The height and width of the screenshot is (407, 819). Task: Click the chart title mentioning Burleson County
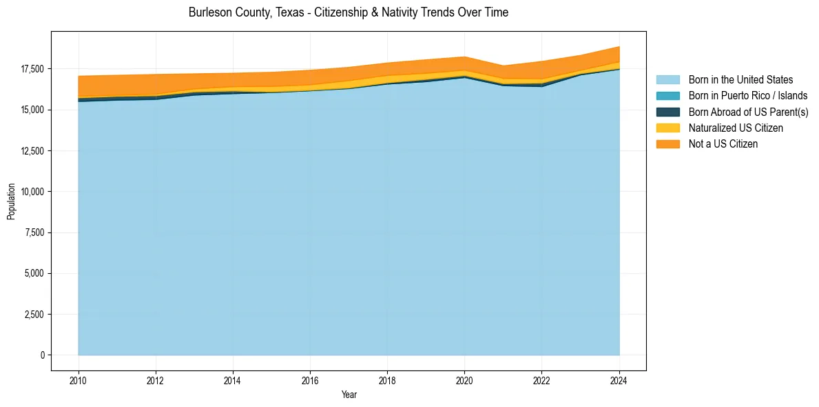(348, 12)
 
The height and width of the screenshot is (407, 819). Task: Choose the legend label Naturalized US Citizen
(736, 128)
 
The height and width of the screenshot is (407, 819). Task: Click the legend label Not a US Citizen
(723, 144)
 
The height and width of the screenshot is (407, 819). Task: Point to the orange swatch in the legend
(667, 144)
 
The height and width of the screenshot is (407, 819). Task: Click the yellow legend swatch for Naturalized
(667, 128)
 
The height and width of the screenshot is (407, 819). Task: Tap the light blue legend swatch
(667, 80)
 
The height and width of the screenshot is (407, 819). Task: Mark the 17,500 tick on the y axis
(32, 69)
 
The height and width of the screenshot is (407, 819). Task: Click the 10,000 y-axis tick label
(32, 192)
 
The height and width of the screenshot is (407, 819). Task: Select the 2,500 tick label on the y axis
(34, 315)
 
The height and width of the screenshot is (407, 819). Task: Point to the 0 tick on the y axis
(42, 355)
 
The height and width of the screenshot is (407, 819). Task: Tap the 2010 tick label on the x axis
(79, 379)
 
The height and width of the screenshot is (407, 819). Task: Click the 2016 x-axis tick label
(311, 379)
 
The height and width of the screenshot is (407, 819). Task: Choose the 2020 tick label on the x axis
(465, 379)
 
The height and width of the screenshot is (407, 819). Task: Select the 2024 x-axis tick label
(619, 379)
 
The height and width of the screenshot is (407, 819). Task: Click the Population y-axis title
(11, 201)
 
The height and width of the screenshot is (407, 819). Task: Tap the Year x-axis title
(349, 395)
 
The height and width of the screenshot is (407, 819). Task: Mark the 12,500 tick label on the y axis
(32, 151)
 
